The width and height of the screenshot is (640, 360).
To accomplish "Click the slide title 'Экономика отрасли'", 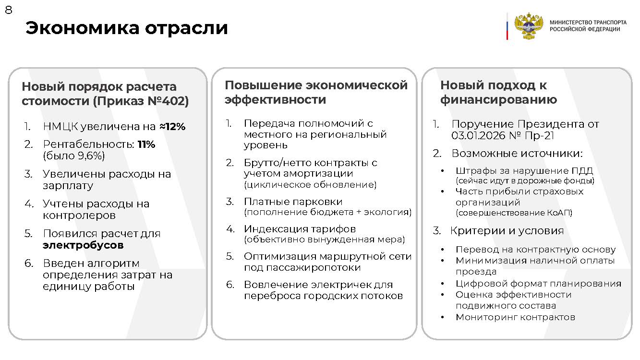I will pos(126,28).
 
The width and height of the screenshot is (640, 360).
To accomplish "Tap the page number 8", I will pos(8,10).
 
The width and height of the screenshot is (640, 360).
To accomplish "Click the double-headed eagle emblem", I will pos(528,26).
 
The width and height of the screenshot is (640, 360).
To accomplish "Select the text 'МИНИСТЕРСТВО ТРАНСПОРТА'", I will pos(588,23).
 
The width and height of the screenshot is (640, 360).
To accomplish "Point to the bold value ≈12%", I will pos(172,127).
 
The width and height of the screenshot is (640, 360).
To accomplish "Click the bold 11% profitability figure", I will pos(146,144).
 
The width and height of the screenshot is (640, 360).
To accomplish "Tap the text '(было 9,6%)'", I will pos(73,156).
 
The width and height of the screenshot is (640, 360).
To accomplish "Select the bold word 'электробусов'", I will pos(83,245).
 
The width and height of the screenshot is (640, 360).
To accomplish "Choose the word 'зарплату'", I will pos(68,186).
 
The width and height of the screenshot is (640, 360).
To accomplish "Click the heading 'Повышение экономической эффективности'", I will pos(316,92).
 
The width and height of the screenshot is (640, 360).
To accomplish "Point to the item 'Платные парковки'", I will pos(293,202).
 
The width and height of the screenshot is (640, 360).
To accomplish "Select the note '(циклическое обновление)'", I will pos(310,185).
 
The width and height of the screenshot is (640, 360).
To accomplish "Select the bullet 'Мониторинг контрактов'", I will pos(515,317).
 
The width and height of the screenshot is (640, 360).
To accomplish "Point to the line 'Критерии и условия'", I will pos(507,230).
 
